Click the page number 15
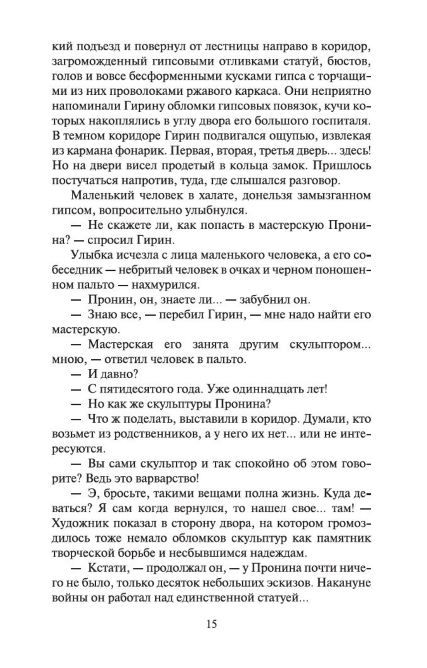212,624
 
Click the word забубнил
269,300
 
